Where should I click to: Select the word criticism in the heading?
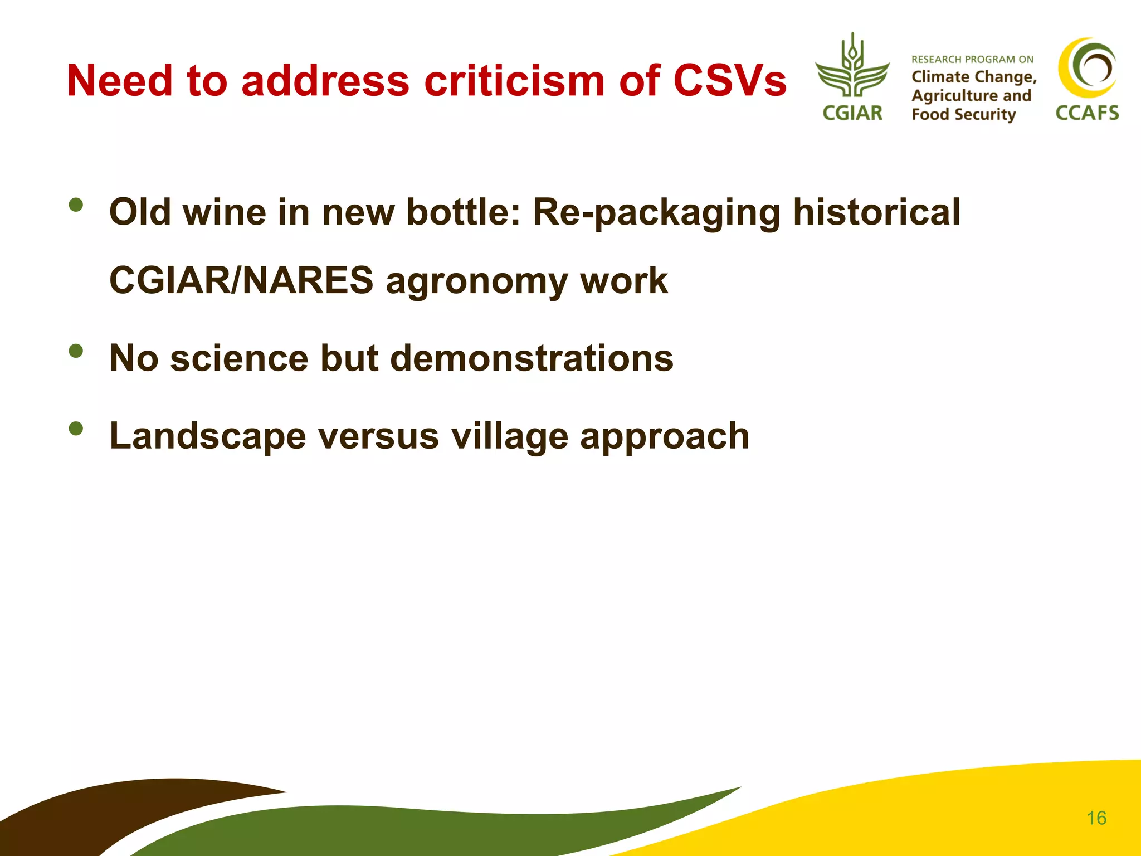(x=514, y=81)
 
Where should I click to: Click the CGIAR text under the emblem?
(x=852, y=113)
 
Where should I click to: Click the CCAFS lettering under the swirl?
(x=1087, y=113)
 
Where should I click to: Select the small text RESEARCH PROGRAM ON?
(x=972, y=60)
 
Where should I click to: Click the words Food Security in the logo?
(x=963, y=115)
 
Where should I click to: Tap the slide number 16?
(x=1096, y=818)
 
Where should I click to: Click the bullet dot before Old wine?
(x=76, y=205)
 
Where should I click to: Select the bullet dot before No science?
(x=76, y=351)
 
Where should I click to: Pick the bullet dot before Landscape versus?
(x=76, y=429)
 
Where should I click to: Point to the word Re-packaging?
(x=656, y=213)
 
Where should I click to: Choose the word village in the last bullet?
(x=509, y=436)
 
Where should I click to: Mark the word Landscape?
(x=207, y=436)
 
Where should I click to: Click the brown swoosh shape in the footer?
(x=111, y=808)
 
